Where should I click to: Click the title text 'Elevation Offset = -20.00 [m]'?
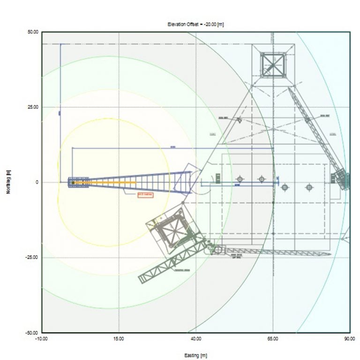click(196, 23)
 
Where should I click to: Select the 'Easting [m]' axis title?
click(196, 355)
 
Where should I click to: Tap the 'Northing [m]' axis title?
click(8, 182)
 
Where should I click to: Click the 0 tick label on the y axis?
click(37, 182)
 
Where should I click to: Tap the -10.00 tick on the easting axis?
click(42, 339)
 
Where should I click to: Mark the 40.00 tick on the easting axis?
click(196, 339)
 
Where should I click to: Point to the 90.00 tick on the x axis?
click(349, 339)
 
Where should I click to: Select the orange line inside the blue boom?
click(112, 182)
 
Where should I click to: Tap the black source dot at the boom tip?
click(73, 183)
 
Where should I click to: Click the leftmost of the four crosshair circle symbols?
click(240, 179)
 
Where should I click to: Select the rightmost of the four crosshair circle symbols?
click(309, 187)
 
